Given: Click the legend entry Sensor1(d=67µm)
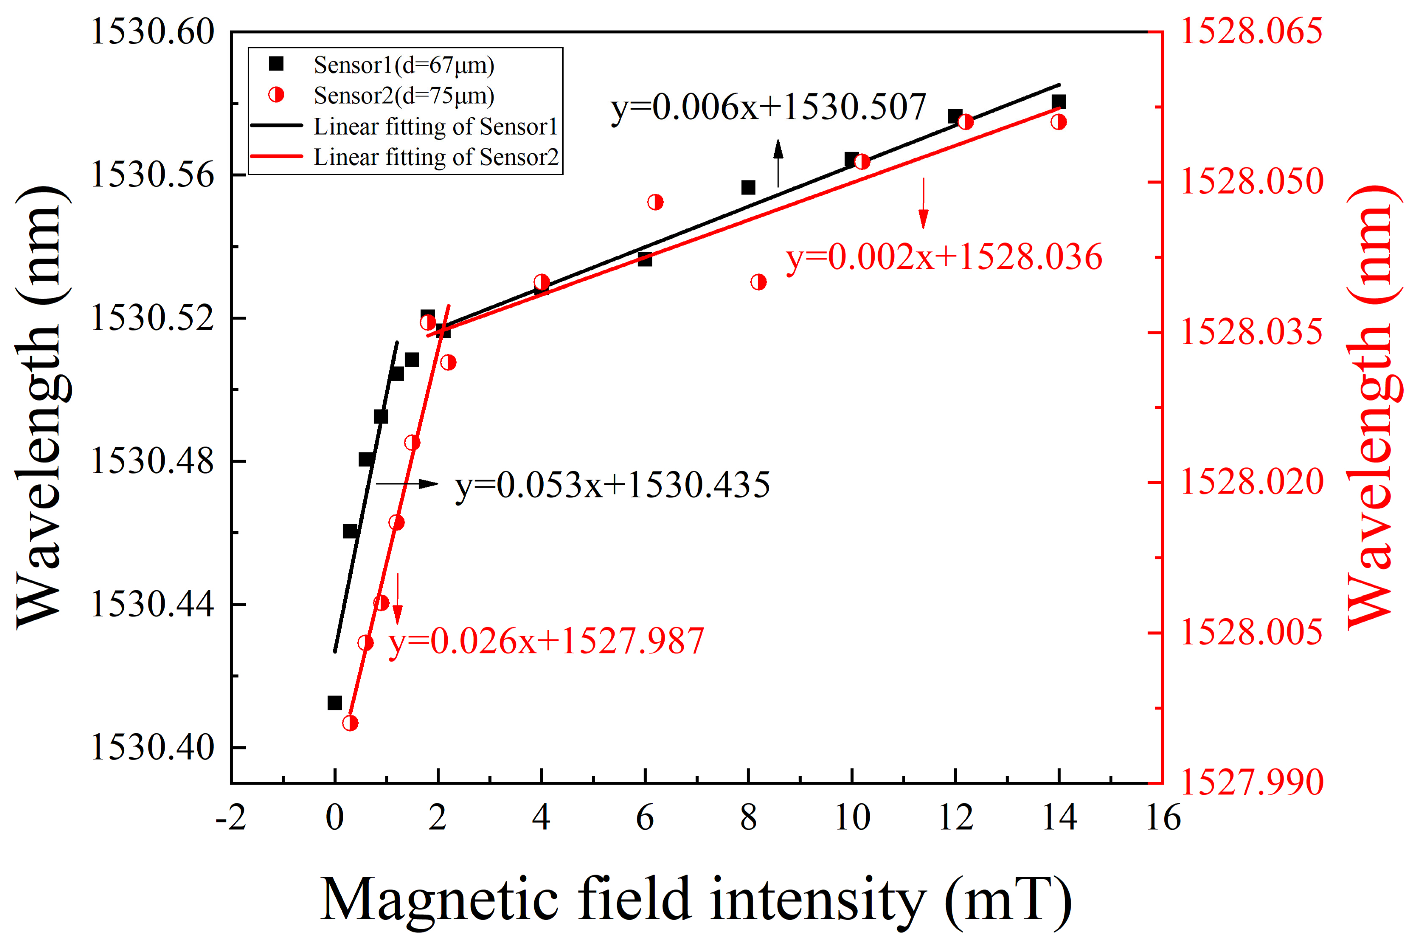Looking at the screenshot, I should (x=403, y=65).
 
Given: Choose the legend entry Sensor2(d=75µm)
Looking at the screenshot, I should (x=403, y=96).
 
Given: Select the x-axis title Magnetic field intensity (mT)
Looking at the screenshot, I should (x=696, y=900).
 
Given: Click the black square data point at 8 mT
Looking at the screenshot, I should (x=748, y=187).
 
